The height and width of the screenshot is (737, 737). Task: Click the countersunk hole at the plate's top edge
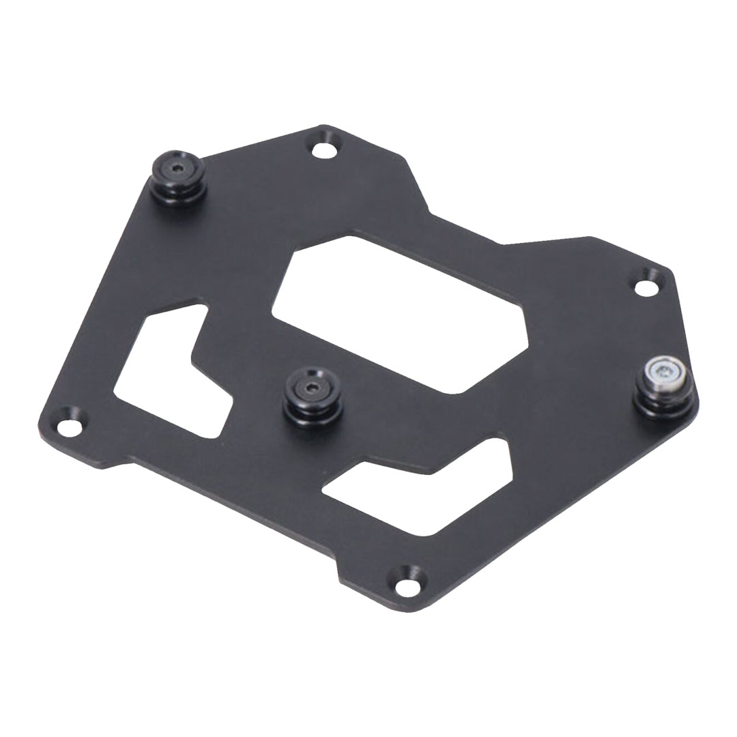[324, 149]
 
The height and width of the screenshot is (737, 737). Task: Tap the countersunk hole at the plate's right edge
[647, 287]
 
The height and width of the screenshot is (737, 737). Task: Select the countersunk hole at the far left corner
[69, 427]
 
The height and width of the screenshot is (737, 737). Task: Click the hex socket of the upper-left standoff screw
[178, 168]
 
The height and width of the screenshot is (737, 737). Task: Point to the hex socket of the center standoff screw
[312, 388]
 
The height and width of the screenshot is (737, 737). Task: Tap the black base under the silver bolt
[665, 406]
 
